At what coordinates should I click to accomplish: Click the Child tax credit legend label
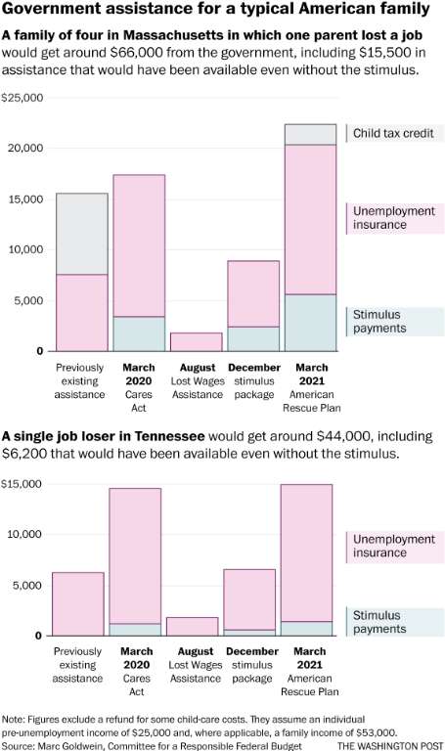[x=393, y=133]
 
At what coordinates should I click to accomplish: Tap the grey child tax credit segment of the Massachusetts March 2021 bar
[x=310, y=135]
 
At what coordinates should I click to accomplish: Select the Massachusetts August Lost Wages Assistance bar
[x=197, y=342]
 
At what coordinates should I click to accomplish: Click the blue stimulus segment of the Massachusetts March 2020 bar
[x=139, y=333]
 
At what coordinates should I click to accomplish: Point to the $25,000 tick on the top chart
[x=22, y=98]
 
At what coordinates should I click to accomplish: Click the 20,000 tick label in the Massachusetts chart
[x=25, y=148]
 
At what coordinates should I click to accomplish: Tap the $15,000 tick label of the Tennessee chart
[x=22, y=484]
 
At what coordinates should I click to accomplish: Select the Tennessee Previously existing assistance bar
[x=78, y=604]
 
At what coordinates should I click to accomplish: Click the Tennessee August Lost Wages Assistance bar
[x=193, y=627]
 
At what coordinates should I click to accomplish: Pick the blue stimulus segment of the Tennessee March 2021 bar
[x=306, y=629]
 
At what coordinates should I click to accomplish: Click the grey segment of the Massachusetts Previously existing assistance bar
[x=82, y=234]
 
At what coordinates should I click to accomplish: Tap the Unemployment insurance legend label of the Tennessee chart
[x=394, y=546]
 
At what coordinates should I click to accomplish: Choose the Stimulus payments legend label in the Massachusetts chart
[x=379, y=322]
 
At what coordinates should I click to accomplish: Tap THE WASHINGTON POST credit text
[x=390, y=746]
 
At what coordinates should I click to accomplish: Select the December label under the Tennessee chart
[x=252, y=651]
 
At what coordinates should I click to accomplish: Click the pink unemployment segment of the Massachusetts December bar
[x=253, y=294]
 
